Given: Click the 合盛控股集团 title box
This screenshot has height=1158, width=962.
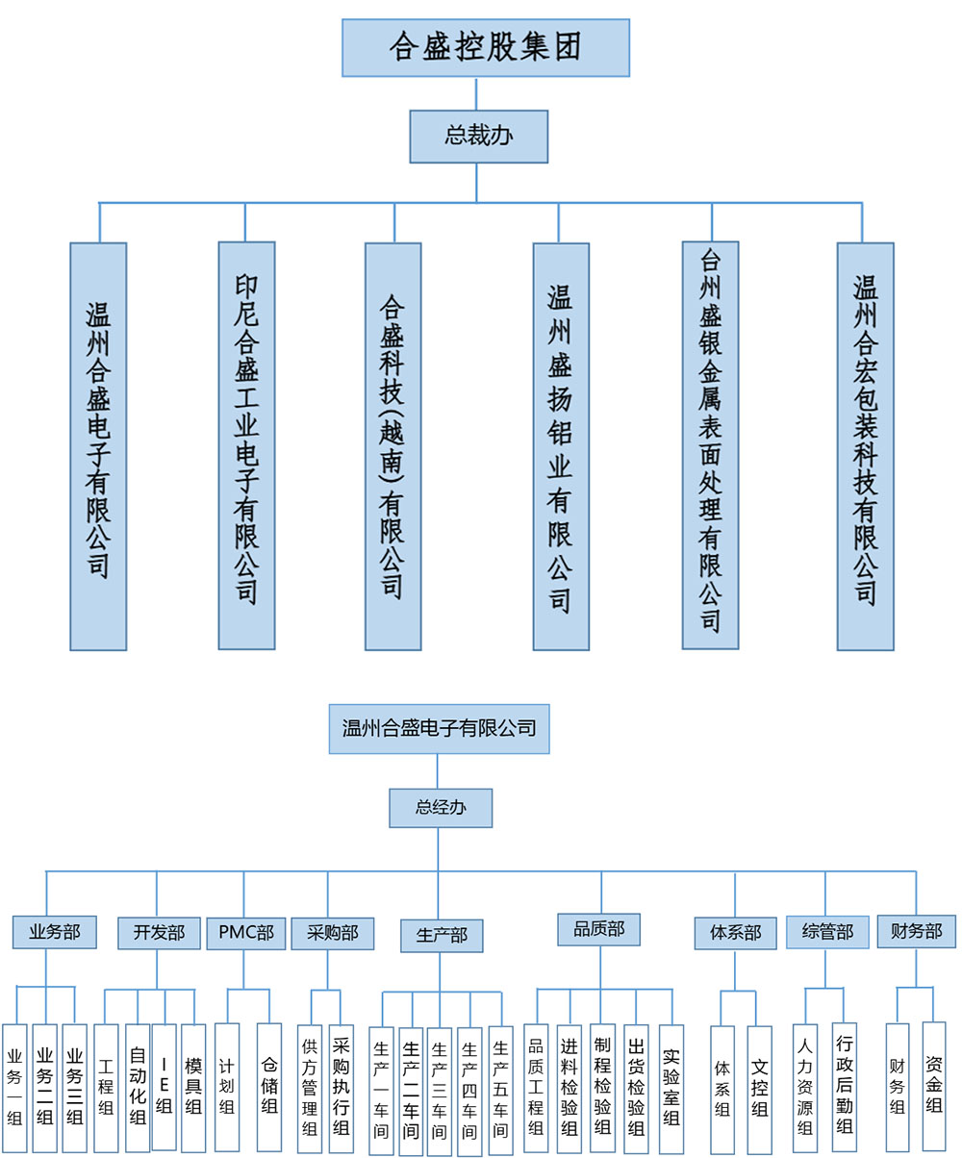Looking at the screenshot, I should [x=485, y=47].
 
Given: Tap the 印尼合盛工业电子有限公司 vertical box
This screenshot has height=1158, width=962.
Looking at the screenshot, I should [x=246, y=444].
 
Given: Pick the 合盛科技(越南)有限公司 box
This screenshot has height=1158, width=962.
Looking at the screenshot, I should [x=393, y=444].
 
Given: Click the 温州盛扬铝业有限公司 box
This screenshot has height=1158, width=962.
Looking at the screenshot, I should [x=560, y=444].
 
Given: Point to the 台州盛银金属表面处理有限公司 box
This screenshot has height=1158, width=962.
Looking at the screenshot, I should [x=710, y=444].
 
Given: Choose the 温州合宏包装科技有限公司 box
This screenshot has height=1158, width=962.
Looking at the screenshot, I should [x=865, y=444].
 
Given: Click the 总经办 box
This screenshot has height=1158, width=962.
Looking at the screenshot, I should [x=440, y=808].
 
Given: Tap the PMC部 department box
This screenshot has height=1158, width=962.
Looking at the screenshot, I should [x=245, y=932].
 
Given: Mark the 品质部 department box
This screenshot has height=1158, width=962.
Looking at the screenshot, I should [x=598, y=929].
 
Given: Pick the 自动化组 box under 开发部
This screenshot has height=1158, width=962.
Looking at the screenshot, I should [x=137, y=1087].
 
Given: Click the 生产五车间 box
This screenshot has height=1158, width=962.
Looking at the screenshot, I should [x=500, y=1088].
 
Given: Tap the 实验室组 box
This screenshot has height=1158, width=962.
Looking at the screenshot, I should [x=671, y=1088].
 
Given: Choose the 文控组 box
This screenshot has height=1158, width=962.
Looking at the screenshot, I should [x=759, y=1087].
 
